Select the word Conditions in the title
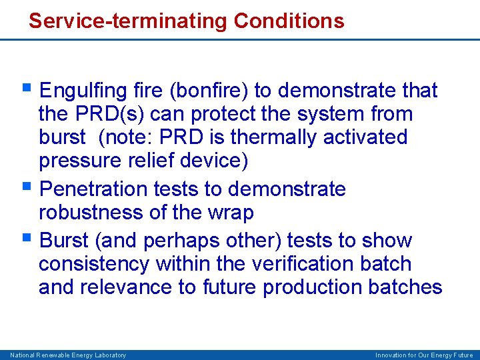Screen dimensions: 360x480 [x=289, y=21]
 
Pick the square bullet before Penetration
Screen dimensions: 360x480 [x=27, y=187]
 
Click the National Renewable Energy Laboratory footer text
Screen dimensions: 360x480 [x=67, y=355]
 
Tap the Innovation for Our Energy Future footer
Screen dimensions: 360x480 [x=424, y=355]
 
